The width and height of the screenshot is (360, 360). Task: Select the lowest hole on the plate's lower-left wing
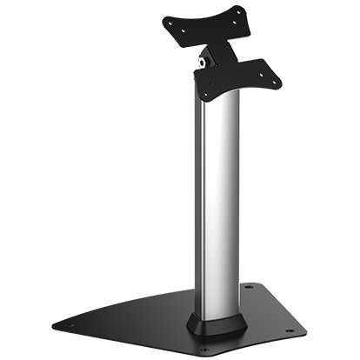[205, 94]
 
